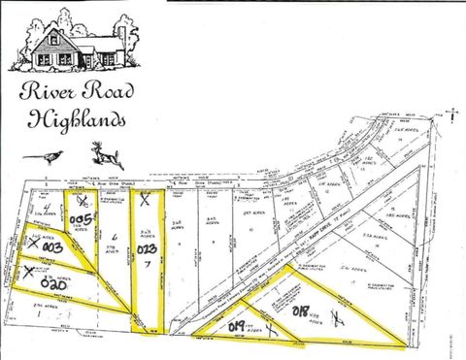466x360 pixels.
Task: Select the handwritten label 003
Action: [x=51, y=248]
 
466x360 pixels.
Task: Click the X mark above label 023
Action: [x=145, y=201]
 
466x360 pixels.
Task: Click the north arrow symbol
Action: [x=453, y=114]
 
